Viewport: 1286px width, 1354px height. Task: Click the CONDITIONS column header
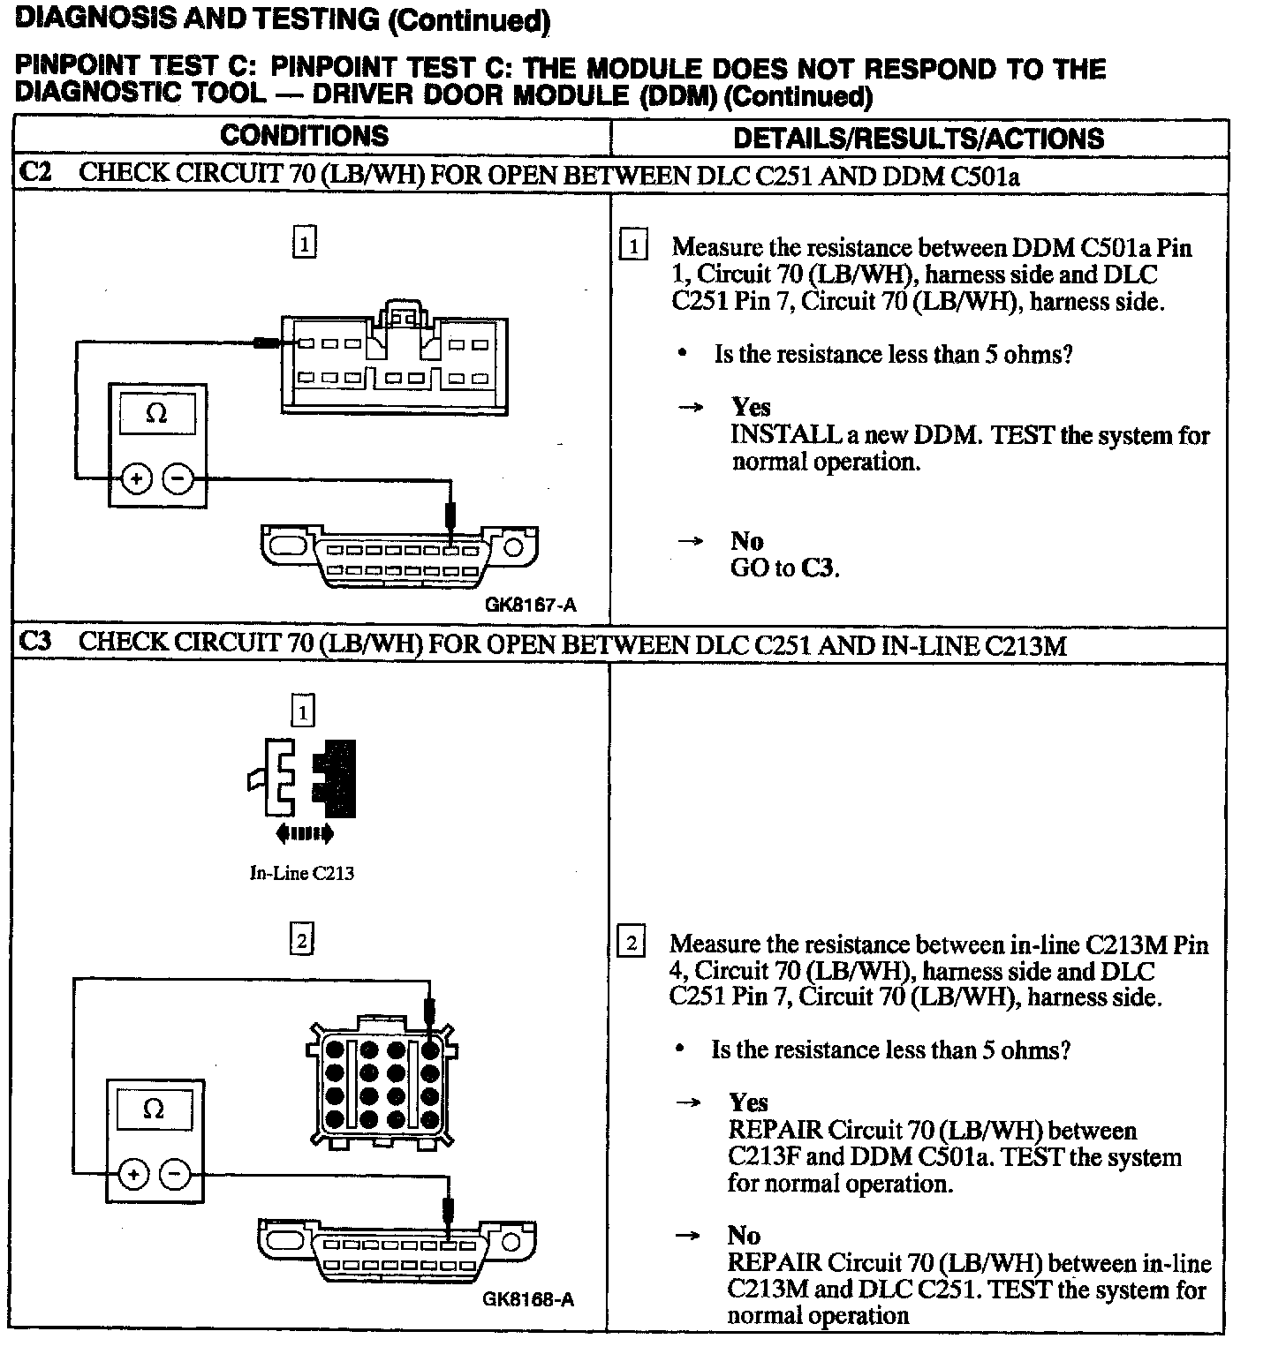(x=304, y=136)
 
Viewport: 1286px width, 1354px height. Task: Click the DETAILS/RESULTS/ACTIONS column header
(x=919, y=138)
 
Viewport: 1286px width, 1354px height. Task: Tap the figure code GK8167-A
(x=531, y=605)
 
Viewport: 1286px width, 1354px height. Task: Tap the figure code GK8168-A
(x=528, y=1299)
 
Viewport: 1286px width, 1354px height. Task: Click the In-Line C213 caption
(x=302, y=873)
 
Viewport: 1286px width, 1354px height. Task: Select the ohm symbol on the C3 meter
(x=154, y=1109)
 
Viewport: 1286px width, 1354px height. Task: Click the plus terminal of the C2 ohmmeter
(x=136, y=479)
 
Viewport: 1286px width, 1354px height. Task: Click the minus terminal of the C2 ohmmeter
(x=178, y=479)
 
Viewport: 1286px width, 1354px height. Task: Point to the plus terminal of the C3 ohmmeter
(x=133, y=1175)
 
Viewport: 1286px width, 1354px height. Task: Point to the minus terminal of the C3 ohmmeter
(x=175, y=1175)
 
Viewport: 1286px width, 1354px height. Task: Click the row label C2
(x=35, y=172)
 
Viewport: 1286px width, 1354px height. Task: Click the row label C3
(x=35, y=642)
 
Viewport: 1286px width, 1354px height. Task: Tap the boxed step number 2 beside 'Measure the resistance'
(x=632, y=943)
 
